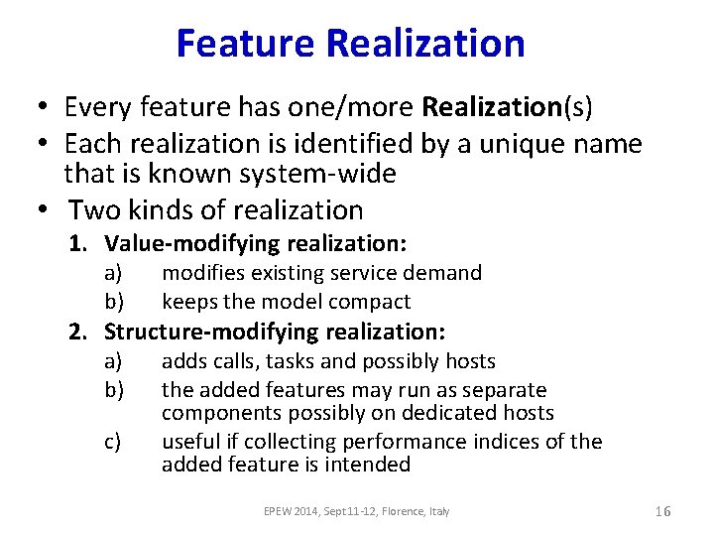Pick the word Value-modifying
click(192, 243)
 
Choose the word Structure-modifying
click(209, 333)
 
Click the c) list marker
click(113, 442)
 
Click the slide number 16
click(663, 511)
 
